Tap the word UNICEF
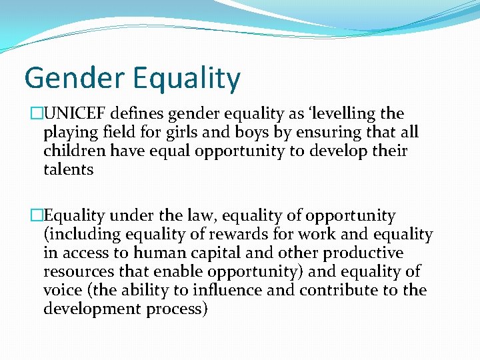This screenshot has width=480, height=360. click(73, 114)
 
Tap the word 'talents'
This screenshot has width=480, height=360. click(68, 169)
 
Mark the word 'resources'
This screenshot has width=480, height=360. click(77, 272)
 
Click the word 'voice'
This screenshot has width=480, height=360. click(61, 291)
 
